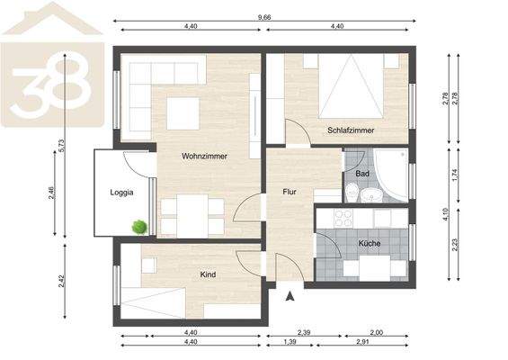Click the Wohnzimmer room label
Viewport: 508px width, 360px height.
203,156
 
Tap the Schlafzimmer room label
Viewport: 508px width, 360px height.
351,130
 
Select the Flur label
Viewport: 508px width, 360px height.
289,192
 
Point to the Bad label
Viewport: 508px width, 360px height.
362,173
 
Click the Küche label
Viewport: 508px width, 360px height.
370,244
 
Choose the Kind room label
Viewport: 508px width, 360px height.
209,274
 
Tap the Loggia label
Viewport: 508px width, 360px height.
122,192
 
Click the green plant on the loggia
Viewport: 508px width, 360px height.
138,227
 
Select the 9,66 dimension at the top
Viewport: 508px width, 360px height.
263,17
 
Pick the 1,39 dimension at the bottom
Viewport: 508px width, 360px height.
290,344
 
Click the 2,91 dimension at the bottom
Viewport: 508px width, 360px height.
362,344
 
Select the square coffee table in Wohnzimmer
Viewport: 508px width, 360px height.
183,113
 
